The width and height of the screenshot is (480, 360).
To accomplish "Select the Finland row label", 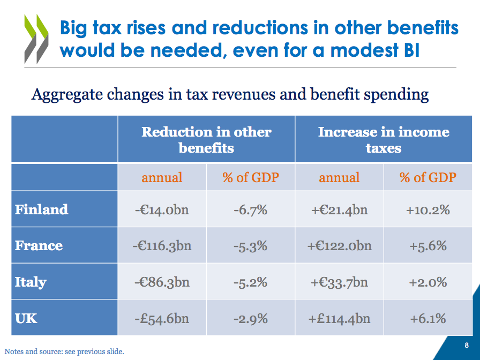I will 42,209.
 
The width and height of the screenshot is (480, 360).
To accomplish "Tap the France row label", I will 39,245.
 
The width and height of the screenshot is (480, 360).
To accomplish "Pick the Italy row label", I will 31,282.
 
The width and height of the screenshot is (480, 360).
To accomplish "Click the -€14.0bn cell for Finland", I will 162,209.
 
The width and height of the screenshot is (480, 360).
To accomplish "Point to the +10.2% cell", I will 427,209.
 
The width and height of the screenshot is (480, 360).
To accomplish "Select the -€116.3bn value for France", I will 162,246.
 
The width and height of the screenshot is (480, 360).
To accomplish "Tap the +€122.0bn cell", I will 339,246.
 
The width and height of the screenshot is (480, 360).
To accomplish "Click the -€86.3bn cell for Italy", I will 162,282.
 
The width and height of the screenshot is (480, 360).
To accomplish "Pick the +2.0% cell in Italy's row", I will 427,282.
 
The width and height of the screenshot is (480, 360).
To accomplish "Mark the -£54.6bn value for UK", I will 162,318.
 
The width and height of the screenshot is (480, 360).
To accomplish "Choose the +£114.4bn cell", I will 339,318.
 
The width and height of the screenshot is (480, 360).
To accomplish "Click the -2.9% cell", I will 250,318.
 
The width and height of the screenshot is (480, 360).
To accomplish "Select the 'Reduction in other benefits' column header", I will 206,139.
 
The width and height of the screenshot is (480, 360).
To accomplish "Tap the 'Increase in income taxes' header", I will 384,139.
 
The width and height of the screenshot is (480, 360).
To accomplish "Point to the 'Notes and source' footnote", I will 64,351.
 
